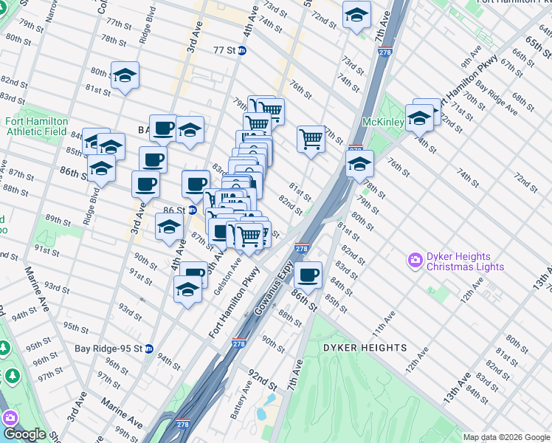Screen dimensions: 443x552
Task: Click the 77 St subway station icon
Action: pyautogui.click(x=241, y=51)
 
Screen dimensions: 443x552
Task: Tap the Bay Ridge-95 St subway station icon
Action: pyautogui.click(x=148, y=348)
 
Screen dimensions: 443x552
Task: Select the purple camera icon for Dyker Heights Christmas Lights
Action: pyautogui.click(x=415, y=260)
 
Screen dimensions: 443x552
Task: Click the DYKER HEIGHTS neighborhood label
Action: pyautogui.click(x=364, y=347)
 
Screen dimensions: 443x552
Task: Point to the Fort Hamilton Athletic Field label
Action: pyautogui.click(x=36, y=126)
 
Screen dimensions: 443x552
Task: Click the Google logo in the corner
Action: pyautogui.click(x=24, y=434)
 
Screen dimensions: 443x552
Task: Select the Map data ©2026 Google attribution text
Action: pyautogui.click(x=506, y=437)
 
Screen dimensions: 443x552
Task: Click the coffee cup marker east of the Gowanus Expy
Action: pyautogui.click(x=308, y=275)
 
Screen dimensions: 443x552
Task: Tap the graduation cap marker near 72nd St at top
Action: pyautogui.click(x=356, y=15)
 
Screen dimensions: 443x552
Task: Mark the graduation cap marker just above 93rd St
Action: pyautogui.click(x=187, y=291)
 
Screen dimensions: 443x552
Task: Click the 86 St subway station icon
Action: pyautogui.click(x=191, y=210)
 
